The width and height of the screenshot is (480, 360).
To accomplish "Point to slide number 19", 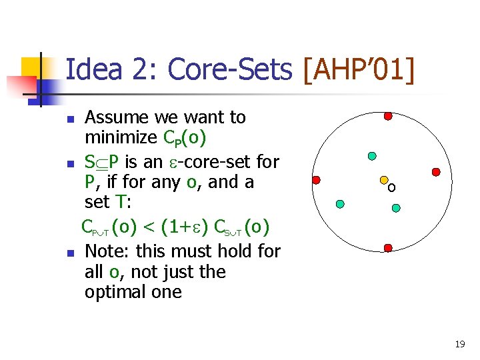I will (459, 344).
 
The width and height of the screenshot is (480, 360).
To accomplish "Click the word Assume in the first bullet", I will (117, 117).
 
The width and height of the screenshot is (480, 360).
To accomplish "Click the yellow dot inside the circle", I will (384, 180).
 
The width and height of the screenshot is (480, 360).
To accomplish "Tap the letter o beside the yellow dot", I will (392, 188).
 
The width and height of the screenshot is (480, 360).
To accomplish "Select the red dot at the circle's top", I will (387, 116).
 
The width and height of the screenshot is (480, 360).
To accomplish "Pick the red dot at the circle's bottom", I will (387, 248).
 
